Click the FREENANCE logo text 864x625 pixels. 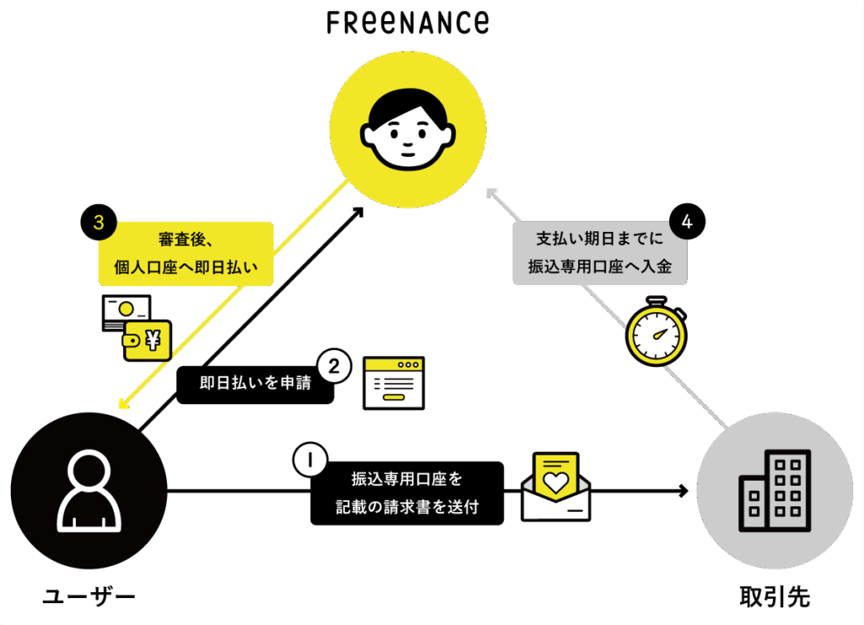click(x=408, y=23)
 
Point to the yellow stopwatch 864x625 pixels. click(x=656, y=331)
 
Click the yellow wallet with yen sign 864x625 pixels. click(x=147, y=339)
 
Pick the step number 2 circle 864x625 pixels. click(x=333, y=366)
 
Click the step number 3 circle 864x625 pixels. click(x=98, y=223)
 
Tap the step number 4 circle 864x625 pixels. click(x=687, y=222)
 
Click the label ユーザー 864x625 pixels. click(x=89, y=597)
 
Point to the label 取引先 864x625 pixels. click(x=775, y=597)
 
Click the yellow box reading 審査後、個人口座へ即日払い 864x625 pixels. click(x=186, y=252)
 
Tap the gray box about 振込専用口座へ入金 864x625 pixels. click(x=599, y=252)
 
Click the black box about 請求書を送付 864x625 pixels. click(x=407, y=493)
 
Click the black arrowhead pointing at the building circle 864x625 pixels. click(x=683, y=491)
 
